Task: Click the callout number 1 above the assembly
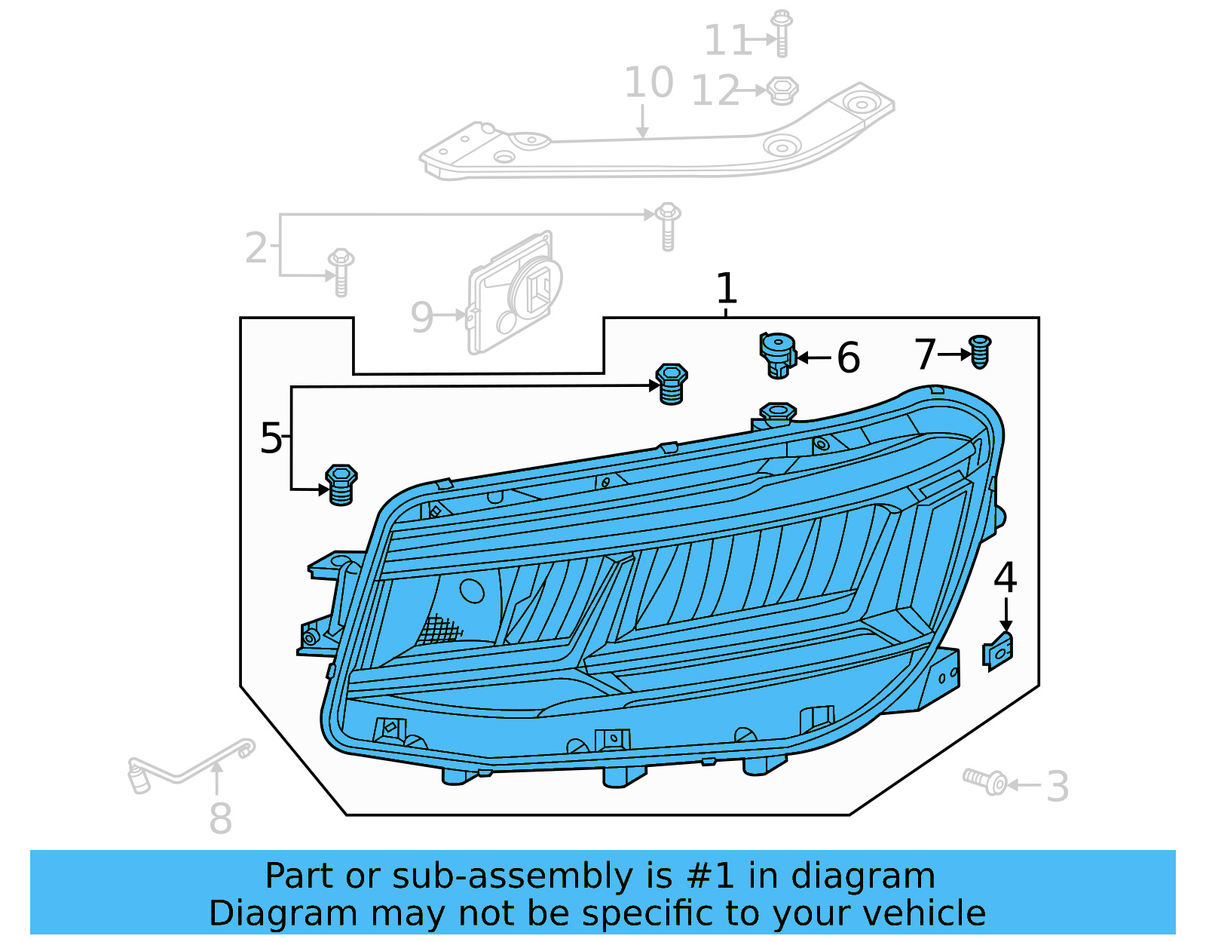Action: point(726,289)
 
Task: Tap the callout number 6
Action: point(848,357)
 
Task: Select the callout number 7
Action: point(925,354)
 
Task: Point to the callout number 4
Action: point(1005,578)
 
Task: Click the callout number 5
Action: point(271,438)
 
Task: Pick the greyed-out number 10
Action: point(648,82)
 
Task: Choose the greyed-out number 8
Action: point(220,818)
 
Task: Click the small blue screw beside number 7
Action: point(979,351)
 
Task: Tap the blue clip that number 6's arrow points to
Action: point(777,354)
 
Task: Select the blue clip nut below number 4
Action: point(998,652)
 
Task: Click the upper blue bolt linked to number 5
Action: point(671,384)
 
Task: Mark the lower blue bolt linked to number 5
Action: point(341,484)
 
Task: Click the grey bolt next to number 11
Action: point(782,33)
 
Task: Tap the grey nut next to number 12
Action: point(782,91)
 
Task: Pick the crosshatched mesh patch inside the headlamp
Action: point(439,629)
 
